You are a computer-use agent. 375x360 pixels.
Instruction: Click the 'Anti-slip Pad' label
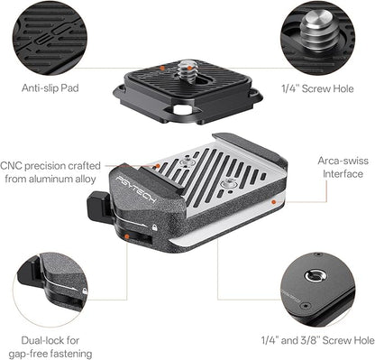pyautogui.click(x=50, y=88)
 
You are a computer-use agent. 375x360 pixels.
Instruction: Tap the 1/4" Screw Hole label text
pyautogui.click(x=317, y=88)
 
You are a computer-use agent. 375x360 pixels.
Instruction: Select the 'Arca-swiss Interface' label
pyautogui.click(x=343, y=167)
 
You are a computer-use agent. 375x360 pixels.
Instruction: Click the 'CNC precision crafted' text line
pyautogui.click(x=50, y=166)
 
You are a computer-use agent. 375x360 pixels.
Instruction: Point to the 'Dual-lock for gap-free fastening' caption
pyautogui.click(x=50, y=346)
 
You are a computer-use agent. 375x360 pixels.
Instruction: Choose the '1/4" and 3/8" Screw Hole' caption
pyautogui.click(x=318, y=340)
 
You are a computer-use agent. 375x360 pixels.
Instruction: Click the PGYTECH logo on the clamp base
pyautogui.click(x=136, y=190)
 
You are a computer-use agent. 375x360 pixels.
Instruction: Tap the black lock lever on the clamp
pyautogui.click(x=98, y=208)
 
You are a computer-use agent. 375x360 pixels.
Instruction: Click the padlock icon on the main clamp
pyautogui.click(x=154, y=227)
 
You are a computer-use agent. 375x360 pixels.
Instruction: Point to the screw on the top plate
pyautogui.click(x=185, y=72)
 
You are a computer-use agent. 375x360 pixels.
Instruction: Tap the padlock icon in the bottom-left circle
pyautogui.click(x=85, y=291)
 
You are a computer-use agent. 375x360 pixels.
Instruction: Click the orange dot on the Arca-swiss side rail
pyautogui.click(x=273, y=202)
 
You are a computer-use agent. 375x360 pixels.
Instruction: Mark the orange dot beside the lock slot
pyautogui.click(x=127, y=236)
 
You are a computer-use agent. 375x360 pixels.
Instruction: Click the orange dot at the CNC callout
pyautogui.click(x=158, y=166)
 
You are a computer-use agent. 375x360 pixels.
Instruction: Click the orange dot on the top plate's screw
pyautogui.click(x=189, y=68)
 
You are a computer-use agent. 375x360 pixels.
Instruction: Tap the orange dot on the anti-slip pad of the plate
pyautogui.click(x=162, y=69)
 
